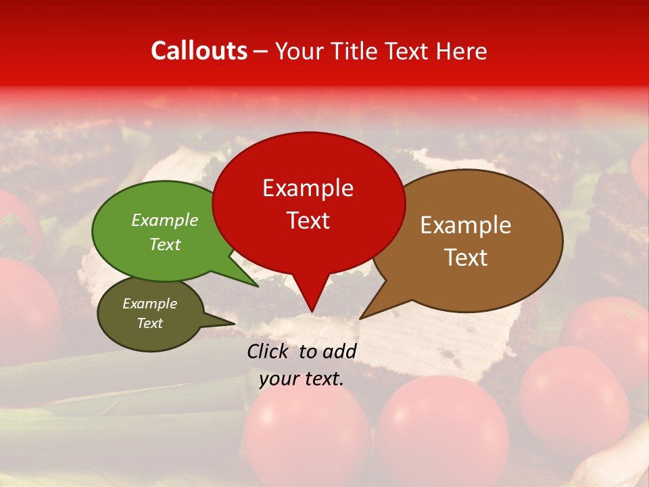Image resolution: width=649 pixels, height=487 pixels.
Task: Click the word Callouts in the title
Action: click(x=199, y=51)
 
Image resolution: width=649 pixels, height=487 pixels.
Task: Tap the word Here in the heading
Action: click(x=460, y=51)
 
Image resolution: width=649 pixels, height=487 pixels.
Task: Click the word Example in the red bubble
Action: click(x=308, y=188)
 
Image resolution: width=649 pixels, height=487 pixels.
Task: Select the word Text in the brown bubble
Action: click(x=466, y=258)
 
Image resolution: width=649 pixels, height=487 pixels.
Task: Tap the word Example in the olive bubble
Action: click(x=149, y=304)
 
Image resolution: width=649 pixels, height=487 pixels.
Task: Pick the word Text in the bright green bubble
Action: click(x=165, y=244)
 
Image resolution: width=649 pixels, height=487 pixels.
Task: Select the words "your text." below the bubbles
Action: click(x=301, y=379)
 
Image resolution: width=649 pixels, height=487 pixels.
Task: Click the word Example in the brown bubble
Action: click(x=466, y=225)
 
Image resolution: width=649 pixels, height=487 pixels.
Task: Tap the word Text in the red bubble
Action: click(x=308, y=221)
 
